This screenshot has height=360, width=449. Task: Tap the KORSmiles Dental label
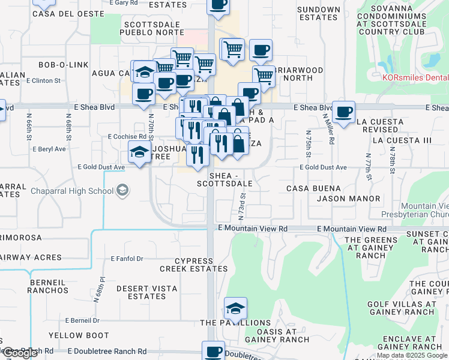pos(415,77)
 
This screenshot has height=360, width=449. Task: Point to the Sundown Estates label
pos(318,13)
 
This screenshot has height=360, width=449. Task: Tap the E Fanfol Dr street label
pos(127,259)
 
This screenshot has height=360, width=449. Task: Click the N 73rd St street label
pos(242,204)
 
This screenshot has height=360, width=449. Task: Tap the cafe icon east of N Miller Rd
pos(344,112)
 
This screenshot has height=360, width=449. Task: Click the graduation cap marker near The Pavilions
pos(235,310)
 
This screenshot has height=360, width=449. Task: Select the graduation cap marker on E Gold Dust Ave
pos(139,152)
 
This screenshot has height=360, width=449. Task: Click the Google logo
pos(19,353)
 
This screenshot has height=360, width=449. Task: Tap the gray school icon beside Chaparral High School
pos(122,191)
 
